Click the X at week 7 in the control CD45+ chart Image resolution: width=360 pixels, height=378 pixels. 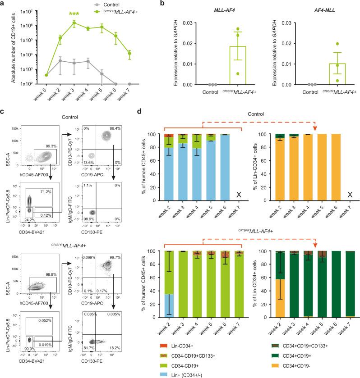click(x=238, y=194)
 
